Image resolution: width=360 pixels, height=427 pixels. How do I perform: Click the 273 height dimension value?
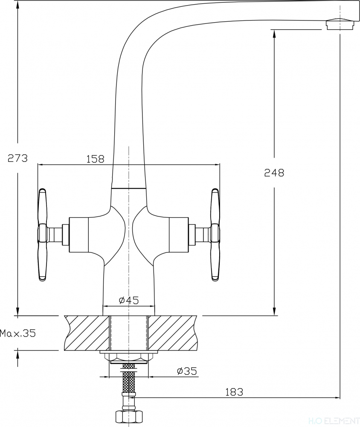coord(17,158)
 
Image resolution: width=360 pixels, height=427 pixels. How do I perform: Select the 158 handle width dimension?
coord(95,159)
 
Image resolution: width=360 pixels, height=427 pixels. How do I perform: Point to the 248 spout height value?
coord(274,173)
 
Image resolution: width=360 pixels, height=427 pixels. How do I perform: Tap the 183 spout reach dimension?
coord(234,392)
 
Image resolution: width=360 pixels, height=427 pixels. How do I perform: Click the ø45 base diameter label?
coord(129,300)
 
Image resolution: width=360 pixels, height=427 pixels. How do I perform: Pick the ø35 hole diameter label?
coord(187,371)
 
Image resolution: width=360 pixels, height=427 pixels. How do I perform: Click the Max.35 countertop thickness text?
coord(18,333)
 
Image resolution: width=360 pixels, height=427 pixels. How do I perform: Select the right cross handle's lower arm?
coord(215,261)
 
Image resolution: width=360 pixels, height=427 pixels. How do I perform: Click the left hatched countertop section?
coord(87,333)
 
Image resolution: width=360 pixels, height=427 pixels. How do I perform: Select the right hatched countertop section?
coord(172,333)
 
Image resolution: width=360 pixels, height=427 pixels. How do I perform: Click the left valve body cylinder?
coord(79,235)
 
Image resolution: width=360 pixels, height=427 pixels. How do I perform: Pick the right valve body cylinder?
coord(179,235)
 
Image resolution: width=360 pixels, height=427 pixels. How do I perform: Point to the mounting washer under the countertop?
coord(129,352)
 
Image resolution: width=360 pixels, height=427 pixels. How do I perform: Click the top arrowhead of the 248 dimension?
coord(274,33)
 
